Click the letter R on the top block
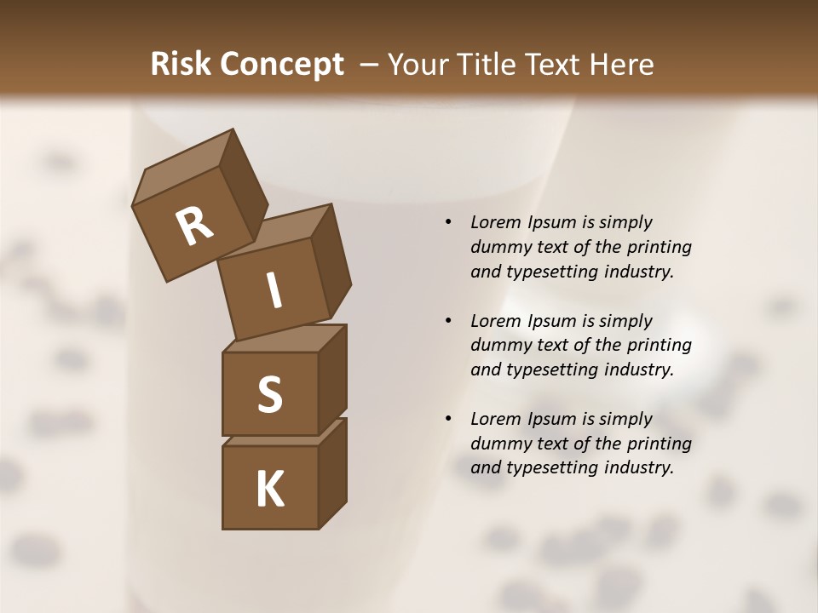point(194,226)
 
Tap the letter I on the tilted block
point(274,290)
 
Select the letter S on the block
point(269,394)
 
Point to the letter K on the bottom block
point(269,490)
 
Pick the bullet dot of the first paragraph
point(448,223)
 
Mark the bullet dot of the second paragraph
point(448,321)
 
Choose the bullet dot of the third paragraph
point(448,419)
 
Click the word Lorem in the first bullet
point(495,222)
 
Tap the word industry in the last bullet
point(638,467)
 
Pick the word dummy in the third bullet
point(500,444)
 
